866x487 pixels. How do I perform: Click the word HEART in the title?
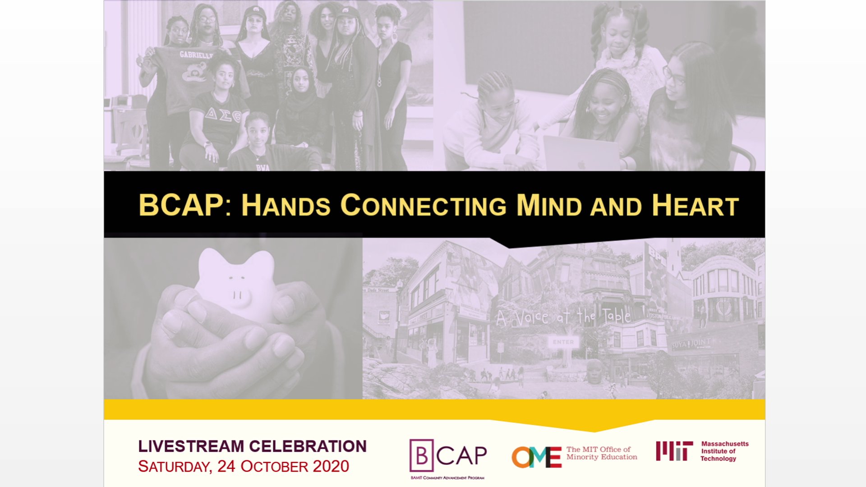[695, 206]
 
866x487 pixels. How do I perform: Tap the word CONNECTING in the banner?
[423, 206]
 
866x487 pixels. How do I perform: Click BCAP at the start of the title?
[181, 206]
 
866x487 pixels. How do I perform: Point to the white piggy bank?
[236, 285]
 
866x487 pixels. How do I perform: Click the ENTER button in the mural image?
[563, 342]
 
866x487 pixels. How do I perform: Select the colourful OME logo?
[536, 457]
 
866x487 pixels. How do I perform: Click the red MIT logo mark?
[674, 451]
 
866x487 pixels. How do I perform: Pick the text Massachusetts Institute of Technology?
[724, 451]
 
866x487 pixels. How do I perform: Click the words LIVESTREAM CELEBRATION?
[252, 446]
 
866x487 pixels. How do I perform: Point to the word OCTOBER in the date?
[273, 467]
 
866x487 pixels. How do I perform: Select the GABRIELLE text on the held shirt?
[196, 55]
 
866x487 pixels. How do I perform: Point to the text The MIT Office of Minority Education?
[601, 453]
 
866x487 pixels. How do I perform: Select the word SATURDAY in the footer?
[175, 467]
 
